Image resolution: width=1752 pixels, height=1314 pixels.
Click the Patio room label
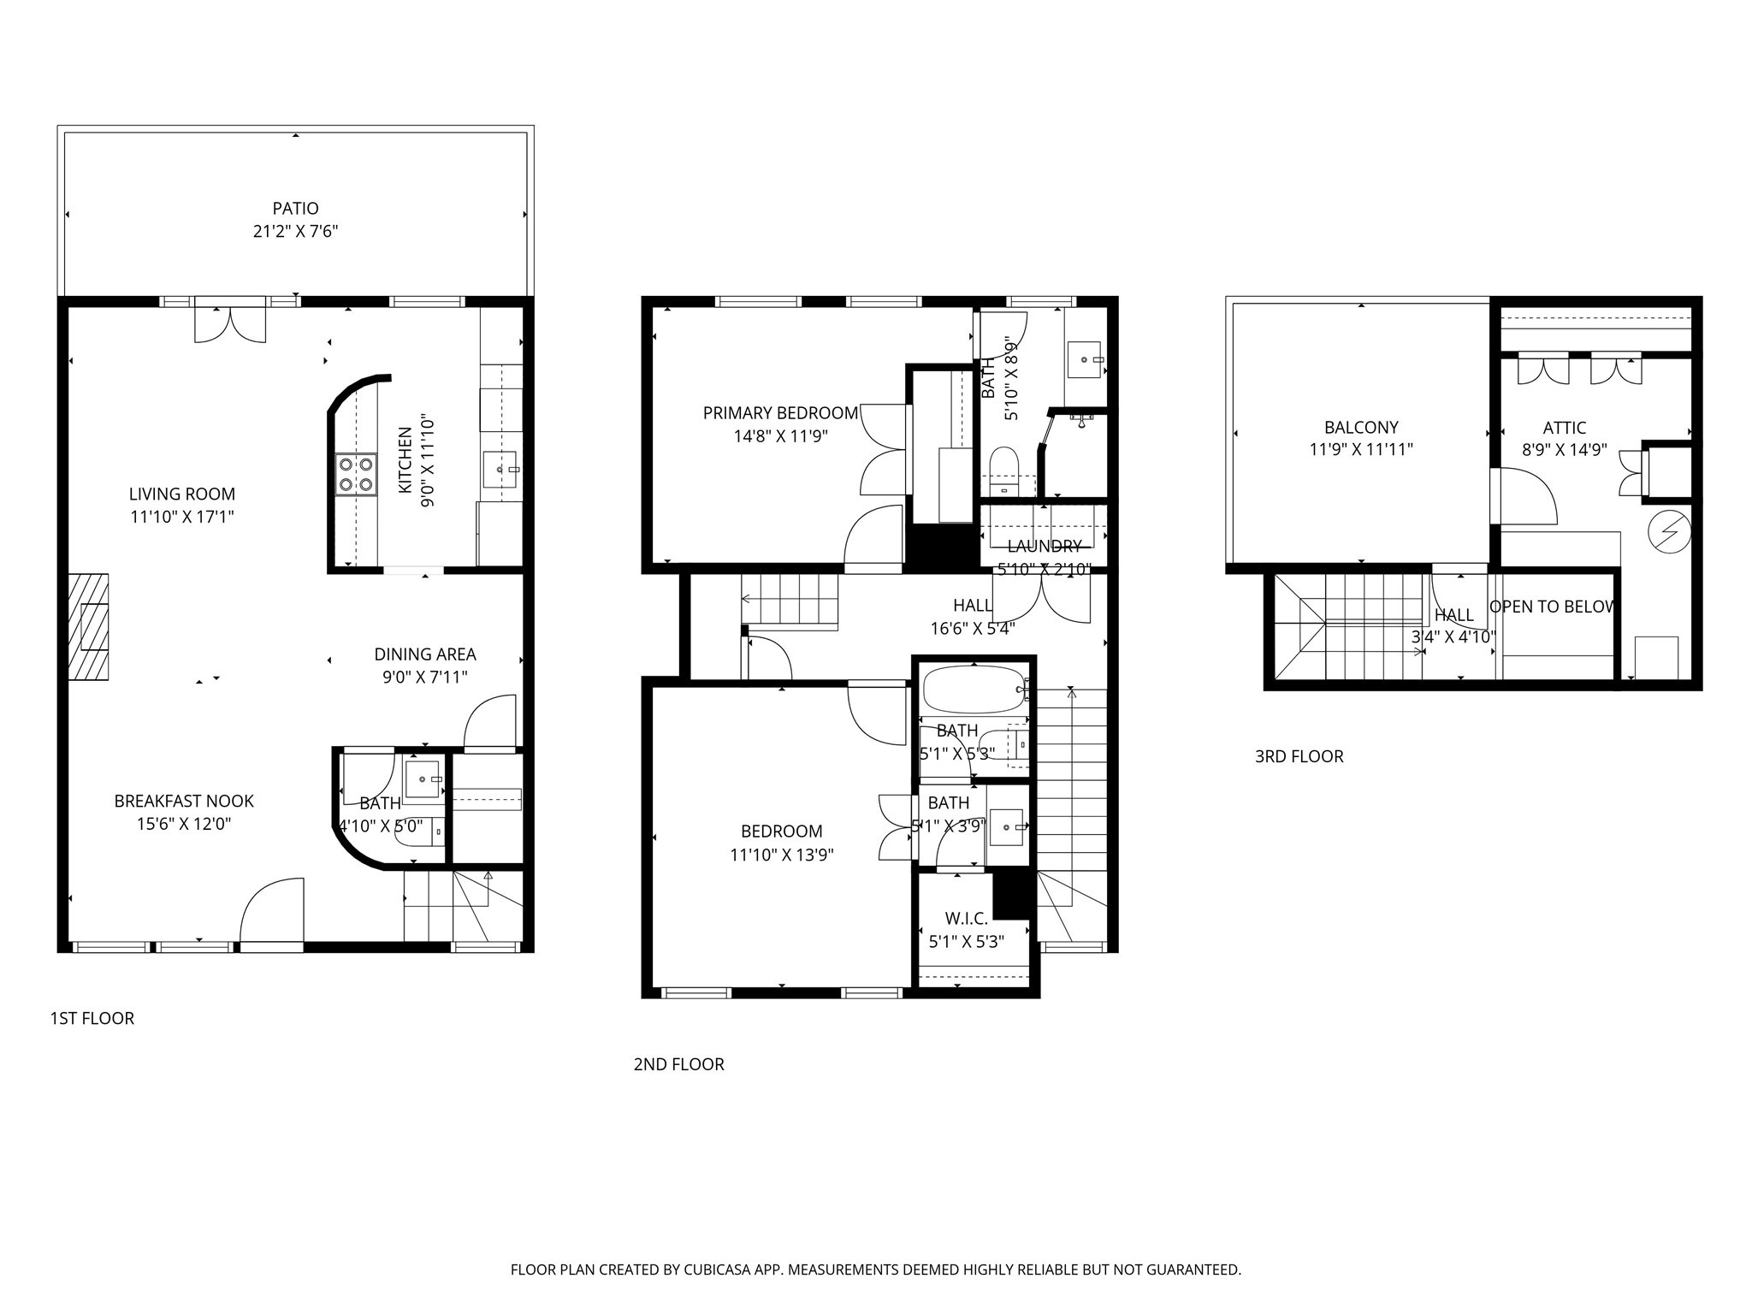pos(295,208)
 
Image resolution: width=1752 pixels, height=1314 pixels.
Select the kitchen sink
pos(500,470)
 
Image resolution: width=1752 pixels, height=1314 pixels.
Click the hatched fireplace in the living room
pos(88,627)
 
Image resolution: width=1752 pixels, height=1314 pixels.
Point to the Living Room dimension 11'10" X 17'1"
pos(181,517)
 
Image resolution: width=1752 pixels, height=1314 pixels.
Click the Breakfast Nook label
pos(184,801)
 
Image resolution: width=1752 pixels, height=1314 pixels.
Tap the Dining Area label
pos(425,654)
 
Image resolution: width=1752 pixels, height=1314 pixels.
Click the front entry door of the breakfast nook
pos(272,914)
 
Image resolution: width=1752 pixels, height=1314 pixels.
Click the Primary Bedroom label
pos(780,413)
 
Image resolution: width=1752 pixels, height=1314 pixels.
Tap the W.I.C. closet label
pos(967,919)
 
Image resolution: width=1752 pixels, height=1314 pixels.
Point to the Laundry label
pos(1044,546)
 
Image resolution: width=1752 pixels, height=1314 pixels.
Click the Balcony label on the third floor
pos(1361,427)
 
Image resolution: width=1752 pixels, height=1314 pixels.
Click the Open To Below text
pos(1552,607)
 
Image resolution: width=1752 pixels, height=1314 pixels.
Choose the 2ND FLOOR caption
pos(678,1064)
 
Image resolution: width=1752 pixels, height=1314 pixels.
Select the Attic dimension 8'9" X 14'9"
pos(1564,450)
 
